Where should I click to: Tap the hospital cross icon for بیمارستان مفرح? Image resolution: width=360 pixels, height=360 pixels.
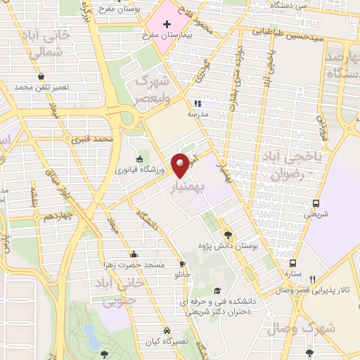tap(167, 24)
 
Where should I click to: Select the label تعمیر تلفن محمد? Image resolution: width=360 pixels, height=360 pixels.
tap(44, 87)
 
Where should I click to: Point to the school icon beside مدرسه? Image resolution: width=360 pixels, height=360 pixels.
tap(198, 103)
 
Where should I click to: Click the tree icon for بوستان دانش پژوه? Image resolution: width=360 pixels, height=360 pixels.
tap(227, 235)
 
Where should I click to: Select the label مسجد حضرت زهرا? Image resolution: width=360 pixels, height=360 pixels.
tap(134, 264)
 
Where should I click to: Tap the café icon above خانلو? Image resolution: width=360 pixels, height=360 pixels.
tap(183, 264)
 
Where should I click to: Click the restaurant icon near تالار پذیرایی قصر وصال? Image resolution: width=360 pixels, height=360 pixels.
tap(313, 278)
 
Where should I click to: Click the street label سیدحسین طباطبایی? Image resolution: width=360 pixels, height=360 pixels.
tap(288, 31)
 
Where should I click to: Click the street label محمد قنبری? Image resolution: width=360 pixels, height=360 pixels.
tap(96, 140)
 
